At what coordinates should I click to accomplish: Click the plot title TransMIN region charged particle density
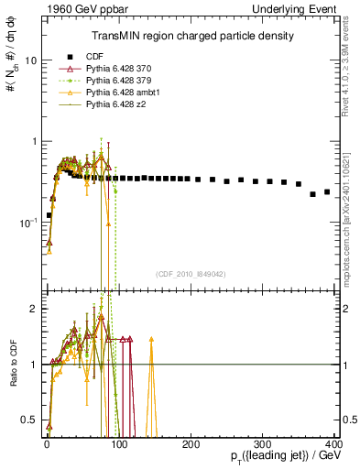pyautogui.click(x=192, y=37)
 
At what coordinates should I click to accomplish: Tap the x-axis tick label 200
pyautogui.click(x=191, y=444)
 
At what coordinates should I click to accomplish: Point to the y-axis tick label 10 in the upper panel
pyautogui.click(x=29, y=60)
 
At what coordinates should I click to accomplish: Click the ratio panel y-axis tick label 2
pyautogui.click(x=33, y=309)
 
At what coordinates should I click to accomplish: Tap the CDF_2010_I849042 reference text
pyautogui.click(x=191, y=274)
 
